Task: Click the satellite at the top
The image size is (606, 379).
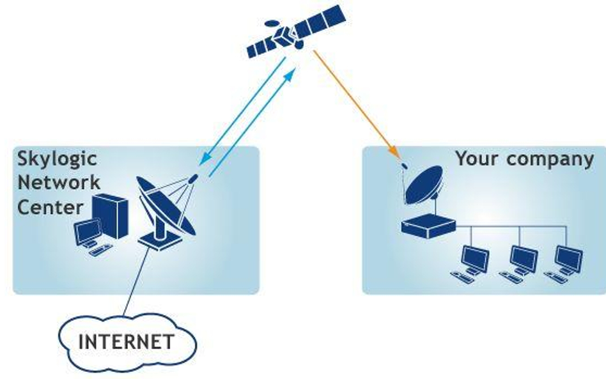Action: (295, 32)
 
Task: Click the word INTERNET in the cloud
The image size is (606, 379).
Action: (125, 341)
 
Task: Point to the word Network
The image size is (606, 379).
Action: (58, 183)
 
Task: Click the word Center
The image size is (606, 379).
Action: (50, 207)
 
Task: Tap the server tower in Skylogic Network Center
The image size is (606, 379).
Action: (109, 216)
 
